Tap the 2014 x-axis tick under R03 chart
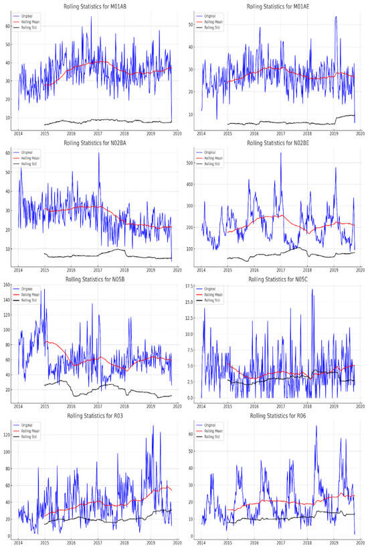click(x=18, y=542)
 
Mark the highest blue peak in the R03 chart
click(x=153, y=426)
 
